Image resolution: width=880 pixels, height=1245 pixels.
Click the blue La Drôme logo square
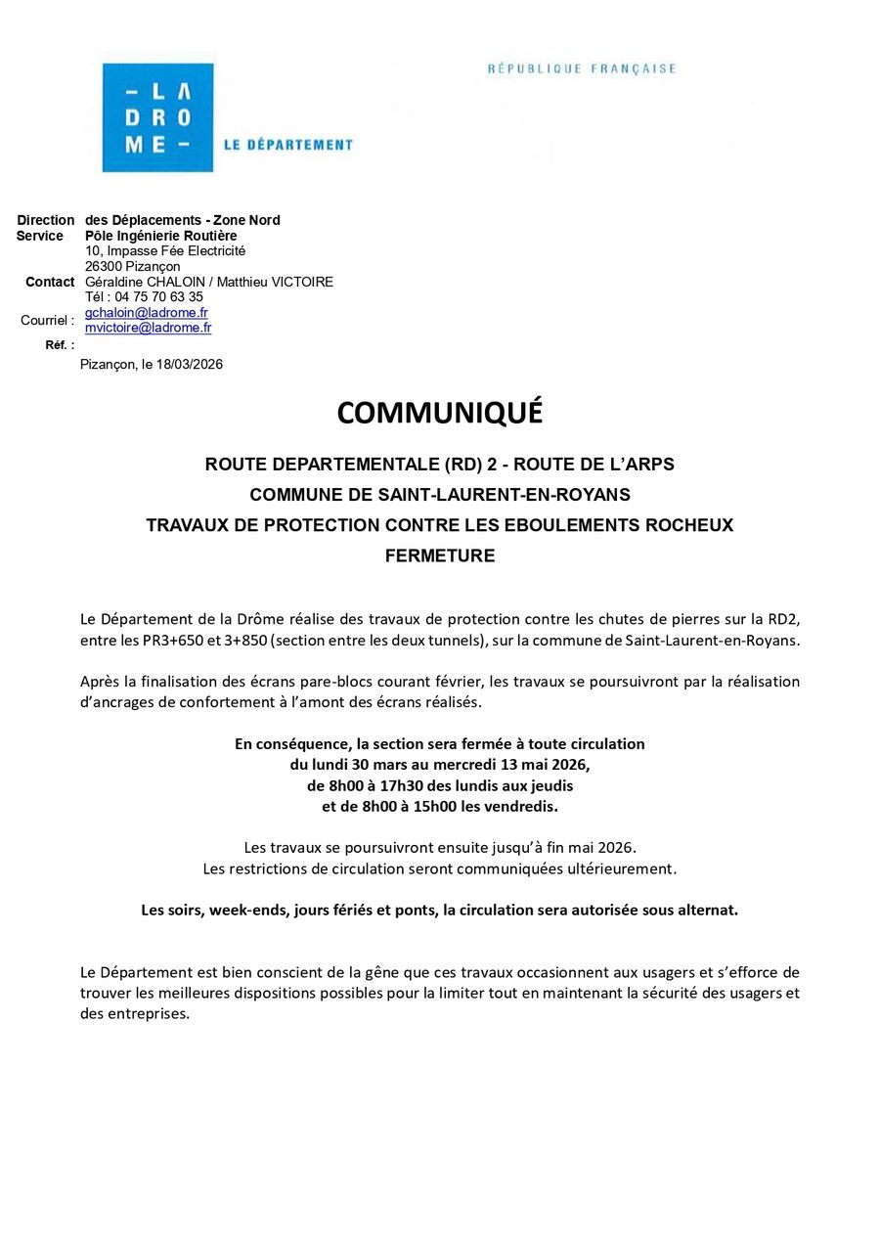pyautogui.click(x=156, y=117)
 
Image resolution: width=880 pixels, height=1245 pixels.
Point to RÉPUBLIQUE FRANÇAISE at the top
pyautogui.click(x=582, y=69)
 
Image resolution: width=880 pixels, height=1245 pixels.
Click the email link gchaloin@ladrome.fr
pyautogui.click(x=147, y=313)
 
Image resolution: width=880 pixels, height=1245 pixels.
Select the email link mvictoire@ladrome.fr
pyautogui.click(x=149, y=328)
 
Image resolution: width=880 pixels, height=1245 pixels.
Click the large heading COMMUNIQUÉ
pyautogui.click(x=440, y=414)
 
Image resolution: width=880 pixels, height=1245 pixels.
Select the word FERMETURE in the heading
pyautogui.click(x=440, y=556)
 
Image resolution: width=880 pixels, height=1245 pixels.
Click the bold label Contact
pyautogui.click(x=50, y=282)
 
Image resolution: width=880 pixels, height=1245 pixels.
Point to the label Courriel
pyautogui.click(x=45, y=320)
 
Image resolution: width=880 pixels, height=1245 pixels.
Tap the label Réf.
pyautogui.click(x=58, y=345)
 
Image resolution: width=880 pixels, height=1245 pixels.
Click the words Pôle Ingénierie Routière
pyautogui.click(x=161, y=236)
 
